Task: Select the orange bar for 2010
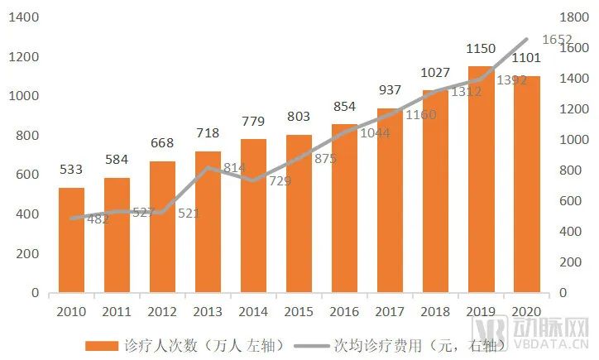(71, 240)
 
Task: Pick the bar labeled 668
(162, 227)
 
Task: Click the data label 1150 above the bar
(481, 50)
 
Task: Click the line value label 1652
(557, 39)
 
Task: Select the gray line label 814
(235, 168)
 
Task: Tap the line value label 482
(98, 219)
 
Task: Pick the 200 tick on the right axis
(570, 262)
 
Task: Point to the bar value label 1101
(526, 59)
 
